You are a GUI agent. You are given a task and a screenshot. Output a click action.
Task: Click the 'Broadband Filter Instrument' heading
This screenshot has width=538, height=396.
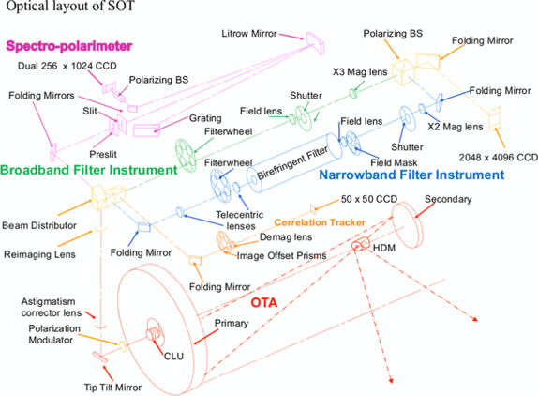tap(88, 170)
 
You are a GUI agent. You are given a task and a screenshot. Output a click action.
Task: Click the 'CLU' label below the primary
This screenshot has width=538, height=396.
tap(173, 356)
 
